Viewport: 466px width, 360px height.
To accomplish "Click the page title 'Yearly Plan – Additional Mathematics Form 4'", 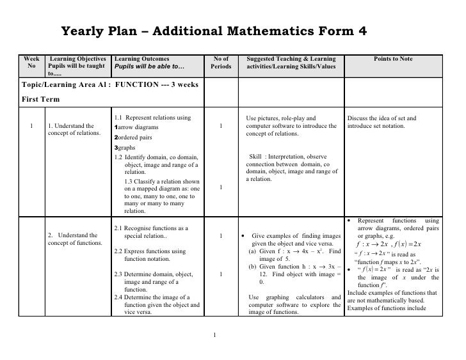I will point(213,31).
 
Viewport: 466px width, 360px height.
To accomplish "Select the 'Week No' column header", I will point(31,63).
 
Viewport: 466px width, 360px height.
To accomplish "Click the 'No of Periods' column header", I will point(220,63).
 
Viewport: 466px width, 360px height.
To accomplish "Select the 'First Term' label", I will point(41,99).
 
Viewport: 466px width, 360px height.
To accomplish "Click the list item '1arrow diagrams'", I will point(136,127).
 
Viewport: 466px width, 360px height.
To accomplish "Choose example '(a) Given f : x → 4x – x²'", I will point(294,251).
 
